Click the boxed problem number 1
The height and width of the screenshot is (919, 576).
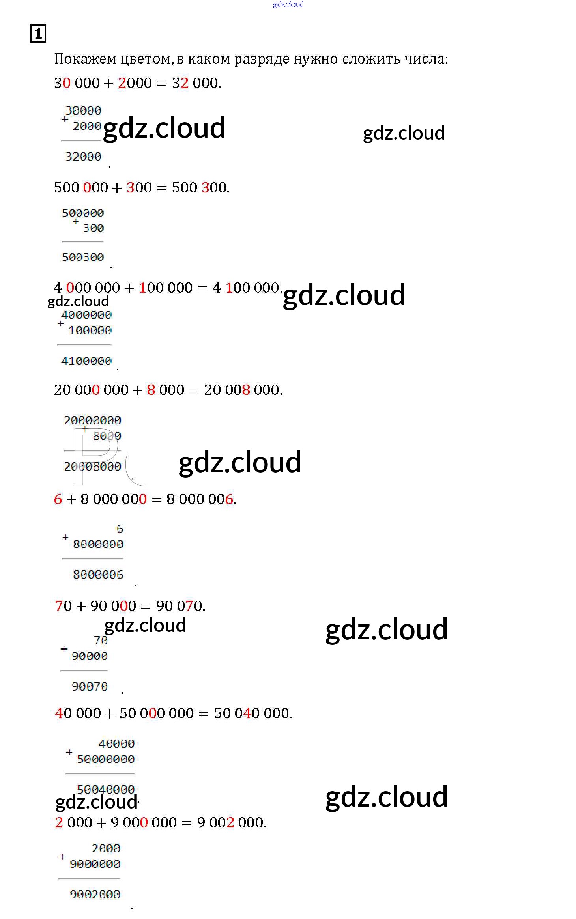click(x=38, y=33)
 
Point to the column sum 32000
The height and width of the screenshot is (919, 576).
click(x=83, y=157)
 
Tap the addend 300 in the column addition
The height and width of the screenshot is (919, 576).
click(x=94, y=228)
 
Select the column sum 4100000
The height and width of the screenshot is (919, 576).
click(x=86, y=361)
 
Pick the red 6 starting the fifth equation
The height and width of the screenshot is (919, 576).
click(x=58, y=499)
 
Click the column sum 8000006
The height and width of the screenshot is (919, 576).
click(x=98, y=575)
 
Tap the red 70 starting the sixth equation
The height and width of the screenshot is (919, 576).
click(x=64, y=606)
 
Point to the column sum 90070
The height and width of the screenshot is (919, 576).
click(x=90, y=687)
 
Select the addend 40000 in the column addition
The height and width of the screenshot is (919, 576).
click(x=117, y=744)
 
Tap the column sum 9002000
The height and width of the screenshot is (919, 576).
click(x=95, y=895)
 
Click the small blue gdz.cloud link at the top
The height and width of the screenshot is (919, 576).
click(x=288, y=4)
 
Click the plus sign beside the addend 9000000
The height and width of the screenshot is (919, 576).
click(x=62, y=857)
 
